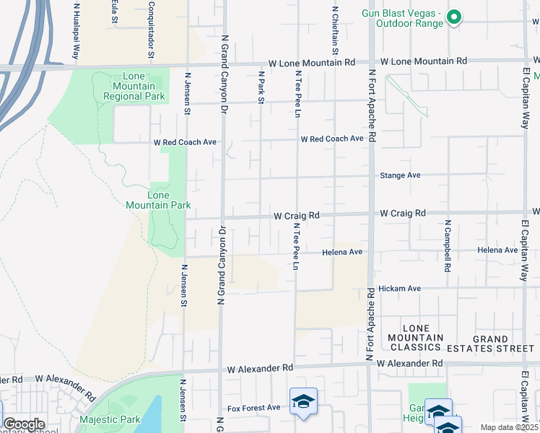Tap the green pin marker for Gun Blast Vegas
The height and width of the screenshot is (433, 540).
[453, 17]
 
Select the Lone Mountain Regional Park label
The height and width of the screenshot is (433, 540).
[134, 86]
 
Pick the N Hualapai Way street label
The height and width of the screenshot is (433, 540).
[77, 30]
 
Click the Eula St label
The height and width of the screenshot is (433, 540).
[114, 12]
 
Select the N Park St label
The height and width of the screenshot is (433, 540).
[261, 87]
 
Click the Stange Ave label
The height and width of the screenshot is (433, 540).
[400, 175]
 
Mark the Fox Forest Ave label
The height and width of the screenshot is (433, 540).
[253, 408]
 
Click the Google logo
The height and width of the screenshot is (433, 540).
[23, 424]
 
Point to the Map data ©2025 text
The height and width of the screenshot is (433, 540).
[509, 427]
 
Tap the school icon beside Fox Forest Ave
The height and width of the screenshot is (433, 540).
[303, 402]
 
